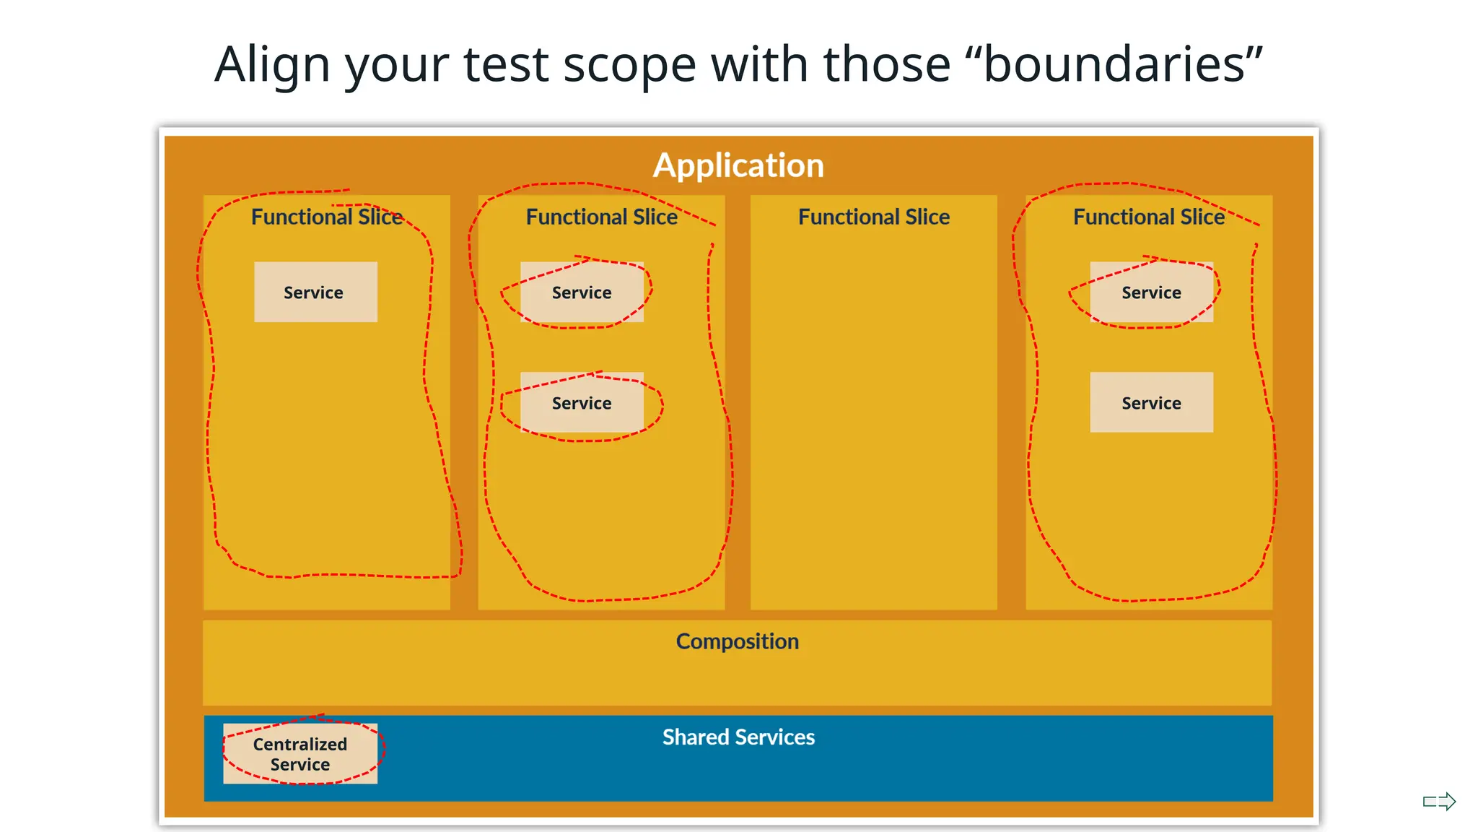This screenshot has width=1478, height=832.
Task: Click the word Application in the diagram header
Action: coord(738,165)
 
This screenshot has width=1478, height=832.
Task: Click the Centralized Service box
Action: coord(300,754)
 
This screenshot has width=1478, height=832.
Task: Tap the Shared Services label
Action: coord(738,737)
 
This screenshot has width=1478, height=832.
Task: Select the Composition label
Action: coord(737,641)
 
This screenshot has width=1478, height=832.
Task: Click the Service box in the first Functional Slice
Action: coord(315,292)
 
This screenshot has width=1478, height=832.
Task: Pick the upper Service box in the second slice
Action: coord(582,292)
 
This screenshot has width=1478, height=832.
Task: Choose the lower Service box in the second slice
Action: coord(582,402)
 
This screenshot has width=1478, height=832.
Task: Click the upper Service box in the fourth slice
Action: coord(1151,292)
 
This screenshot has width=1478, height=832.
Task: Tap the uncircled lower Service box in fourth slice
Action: coord(1151,402)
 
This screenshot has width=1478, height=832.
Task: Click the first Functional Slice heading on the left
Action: coord(326,217)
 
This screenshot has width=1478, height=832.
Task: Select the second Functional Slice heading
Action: coord(601,217)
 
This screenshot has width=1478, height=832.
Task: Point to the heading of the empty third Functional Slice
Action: coord(873,217)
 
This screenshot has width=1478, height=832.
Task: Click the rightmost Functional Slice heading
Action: coord(1148,217)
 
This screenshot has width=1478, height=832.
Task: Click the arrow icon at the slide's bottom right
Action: coord(1440,801)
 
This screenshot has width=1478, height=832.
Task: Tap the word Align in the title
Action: coord(272,64)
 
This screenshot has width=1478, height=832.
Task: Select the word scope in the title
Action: coord(629,64)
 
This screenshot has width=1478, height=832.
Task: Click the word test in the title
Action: coord(506,64)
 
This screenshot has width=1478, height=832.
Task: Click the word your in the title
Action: coord(396,64)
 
